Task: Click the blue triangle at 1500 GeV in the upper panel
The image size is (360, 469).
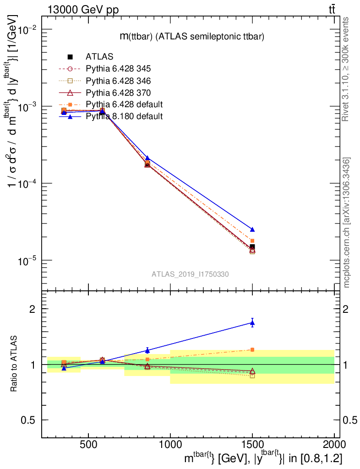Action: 252,229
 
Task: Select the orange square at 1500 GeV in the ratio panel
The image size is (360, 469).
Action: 252,349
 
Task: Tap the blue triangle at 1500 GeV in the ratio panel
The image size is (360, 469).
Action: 252,323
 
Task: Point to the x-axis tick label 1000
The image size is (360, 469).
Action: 170,444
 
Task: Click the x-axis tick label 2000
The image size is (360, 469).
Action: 334,444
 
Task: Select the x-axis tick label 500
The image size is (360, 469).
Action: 88,444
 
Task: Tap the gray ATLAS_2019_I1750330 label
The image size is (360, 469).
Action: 191,274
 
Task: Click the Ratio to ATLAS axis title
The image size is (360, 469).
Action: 15,365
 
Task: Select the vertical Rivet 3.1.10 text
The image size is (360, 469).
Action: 346,69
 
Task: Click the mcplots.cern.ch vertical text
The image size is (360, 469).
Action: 347,222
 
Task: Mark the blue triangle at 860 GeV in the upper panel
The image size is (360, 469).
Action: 147,158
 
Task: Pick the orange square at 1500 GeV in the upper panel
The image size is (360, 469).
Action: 252,240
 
